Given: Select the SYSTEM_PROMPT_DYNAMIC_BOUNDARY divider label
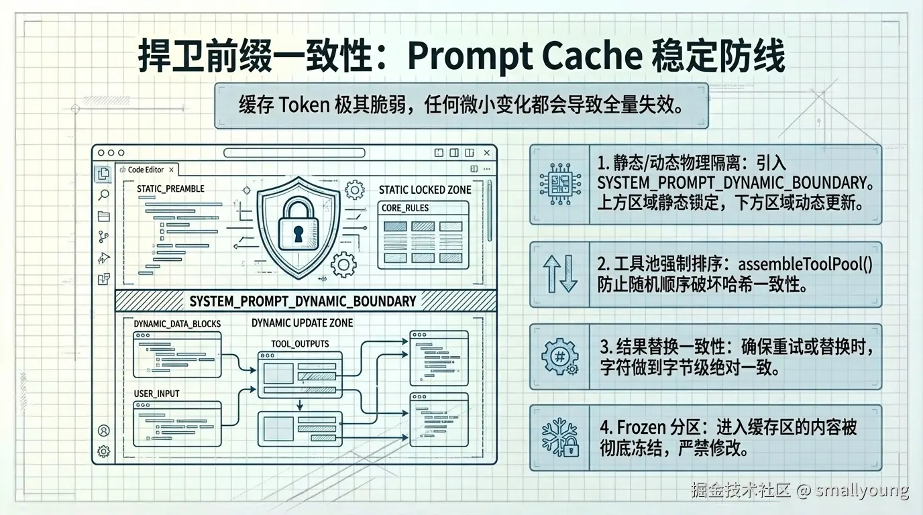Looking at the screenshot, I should tap(303, 301).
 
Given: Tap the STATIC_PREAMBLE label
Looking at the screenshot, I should tap(170, 189).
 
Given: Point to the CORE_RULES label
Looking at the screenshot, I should tap(404, 208).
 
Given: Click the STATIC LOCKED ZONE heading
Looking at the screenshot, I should tap(425, 190).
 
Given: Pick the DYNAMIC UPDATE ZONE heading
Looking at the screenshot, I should tap(302, 323).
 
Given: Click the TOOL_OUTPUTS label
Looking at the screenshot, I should tap(300, 343).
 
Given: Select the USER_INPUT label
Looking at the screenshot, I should tap(156, 393).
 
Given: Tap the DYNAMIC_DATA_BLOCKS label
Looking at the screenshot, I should tap(177, 323).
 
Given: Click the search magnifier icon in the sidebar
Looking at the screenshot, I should tap(103, 195).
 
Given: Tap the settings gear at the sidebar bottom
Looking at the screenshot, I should tap(103, 451).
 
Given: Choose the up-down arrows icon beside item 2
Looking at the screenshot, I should tap(559, 274).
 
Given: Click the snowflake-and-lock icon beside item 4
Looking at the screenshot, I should tap(559, 437).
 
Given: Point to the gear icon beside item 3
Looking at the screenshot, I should tap(559, 356).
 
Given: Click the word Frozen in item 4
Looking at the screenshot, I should tap(641, 426).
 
